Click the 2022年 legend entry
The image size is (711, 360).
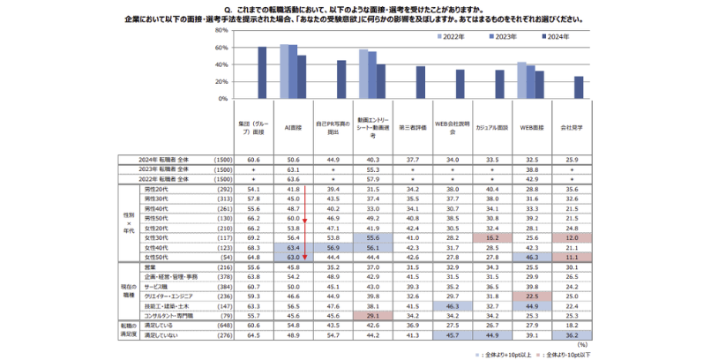pos(454,36)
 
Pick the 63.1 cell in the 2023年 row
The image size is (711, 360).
pos(294,169)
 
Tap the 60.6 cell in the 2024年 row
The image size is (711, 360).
pos(254,160)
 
